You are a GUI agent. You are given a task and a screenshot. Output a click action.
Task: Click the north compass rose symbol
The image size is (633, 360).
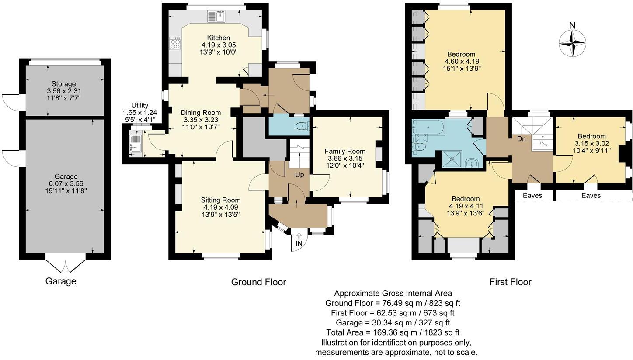(572, 43)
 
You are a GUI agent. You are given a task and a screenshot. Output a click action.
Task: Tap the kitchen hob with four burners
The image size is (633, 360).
(176, 43)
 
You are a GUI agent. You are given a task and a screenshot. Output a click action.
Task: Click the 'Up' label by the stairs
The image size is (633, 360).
(299, 175)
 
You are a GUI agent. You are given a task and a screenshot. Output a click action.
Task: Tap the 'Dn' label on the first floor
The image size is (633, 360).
(521, 139)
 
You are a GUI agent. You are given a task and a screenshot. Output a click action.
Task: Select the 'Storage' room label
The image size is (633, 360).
(64, 84)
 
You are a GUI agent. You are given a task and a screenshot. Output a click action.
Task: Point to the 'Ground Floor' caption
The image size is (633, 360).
(258, 282)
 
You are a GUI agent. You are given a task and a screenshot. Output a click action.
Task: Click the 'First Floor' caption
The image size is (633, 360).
(510, 282)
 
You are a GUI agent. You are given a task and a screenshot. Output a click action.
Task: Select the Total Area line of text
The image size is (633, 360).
(393, 332)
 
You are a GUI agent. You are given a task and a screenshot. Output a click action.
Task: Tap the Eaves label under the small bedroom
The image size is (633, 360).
(591, 196)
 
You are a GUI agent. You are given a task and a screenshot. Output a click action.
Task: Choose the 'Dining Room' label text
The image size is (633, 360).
(201, 113)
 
